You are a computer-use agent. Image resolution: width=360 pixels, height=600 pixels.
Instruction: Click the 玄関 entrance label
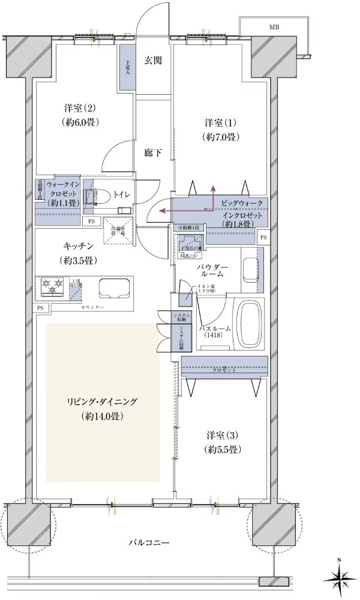point(153,60)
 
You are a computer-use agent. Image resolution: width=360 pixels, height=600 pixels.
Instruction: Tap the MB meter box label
point(274,28)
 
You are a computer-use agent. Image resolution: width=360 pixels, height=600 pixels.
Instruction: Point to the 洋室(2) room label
point(80,115)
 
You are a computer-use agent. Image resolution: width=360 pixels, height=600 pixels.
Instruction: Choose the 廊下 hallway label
point(153,153)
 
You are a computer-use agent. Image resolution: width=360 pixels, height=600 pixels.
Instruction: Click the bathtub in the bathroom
point(247,324)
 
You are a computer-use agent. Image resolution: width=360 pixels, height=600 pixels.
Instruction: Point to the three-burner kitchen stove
point(52,287)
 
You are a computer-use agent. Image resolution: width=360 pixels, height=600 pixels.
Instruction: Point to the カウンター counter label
point(92,307)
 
